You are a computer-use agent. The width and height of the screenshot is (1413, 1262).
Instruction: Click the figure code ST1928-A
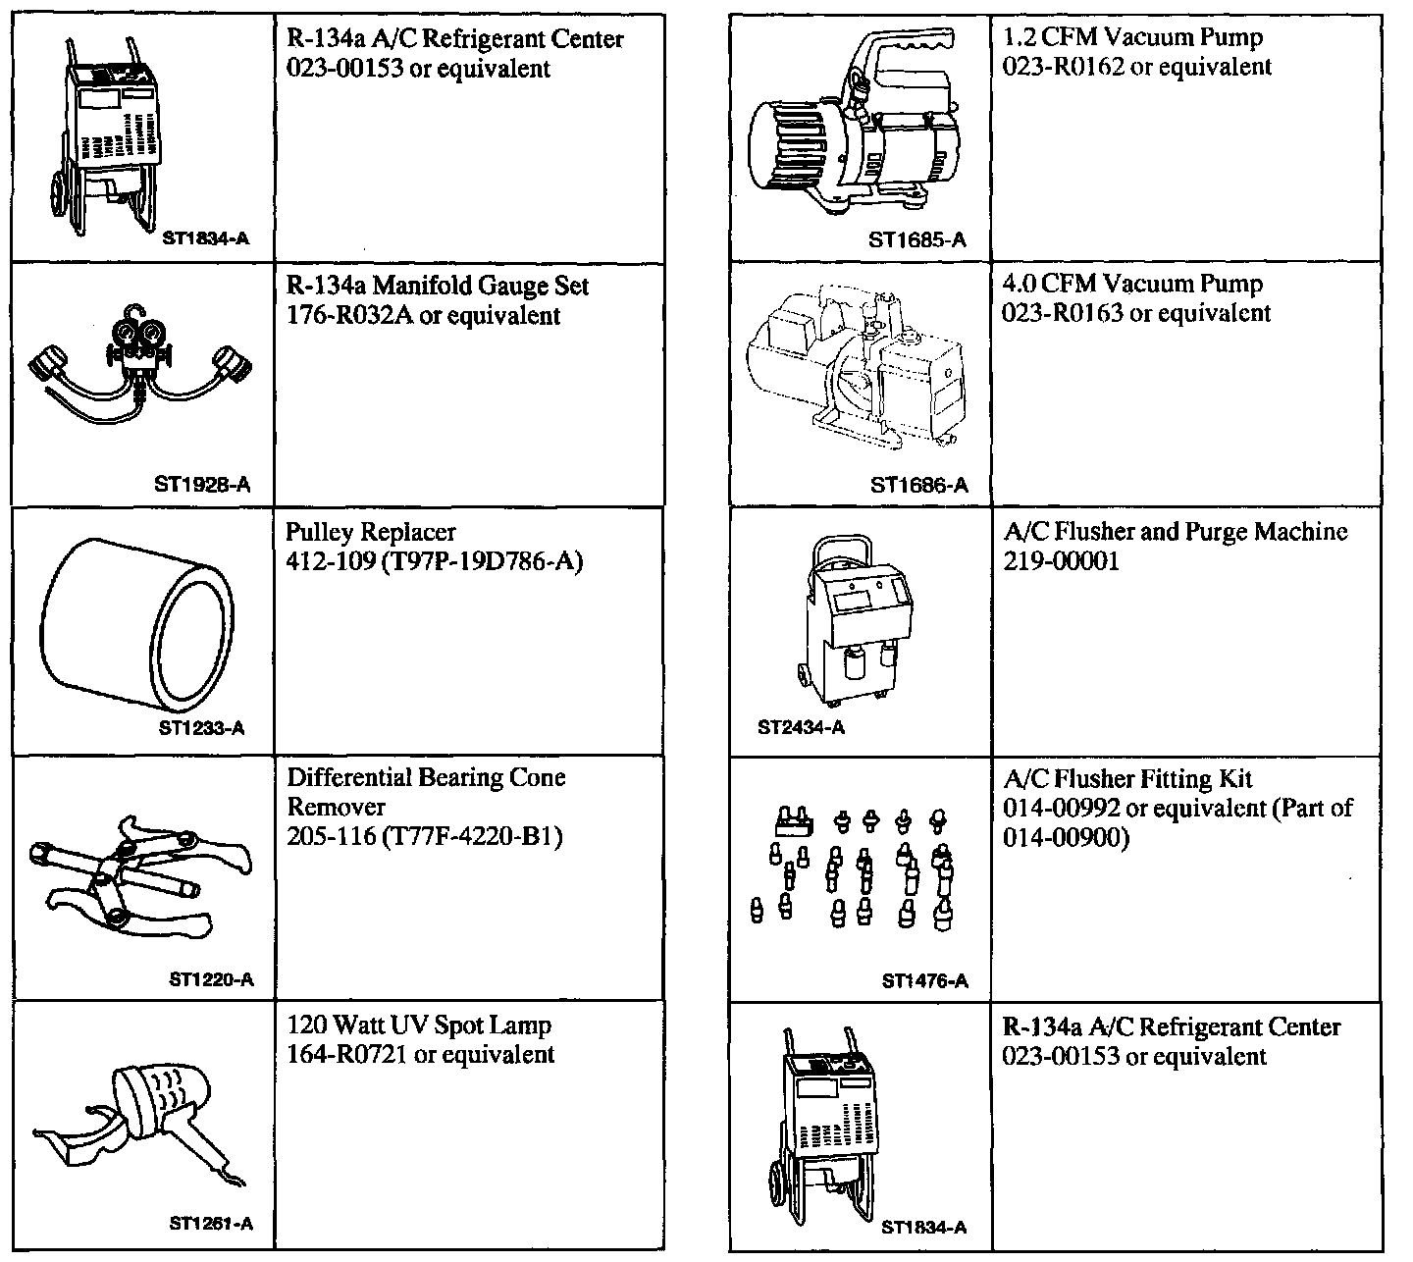[x=202, y=484]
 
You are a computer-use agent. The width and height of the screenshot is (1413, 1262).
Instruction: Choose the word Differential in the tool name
[x=348, y=778]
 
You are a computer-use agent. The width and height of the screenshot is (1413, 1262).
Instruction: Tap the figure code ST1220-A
[x=211, y=978]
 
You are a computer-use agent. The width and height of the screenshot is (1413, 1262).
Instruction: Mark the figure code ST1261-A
[x=211, y=1224]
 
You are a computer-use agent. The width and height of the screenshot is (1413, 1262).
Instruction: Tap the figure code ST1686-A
[x=918, y=485]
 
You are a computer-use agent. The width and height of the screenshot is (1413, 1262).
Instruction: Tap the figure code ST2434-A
[x=801, y=728]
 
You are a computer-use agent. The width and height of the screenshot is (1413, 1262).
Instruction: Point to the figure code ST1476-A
[x=924, y=980]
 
